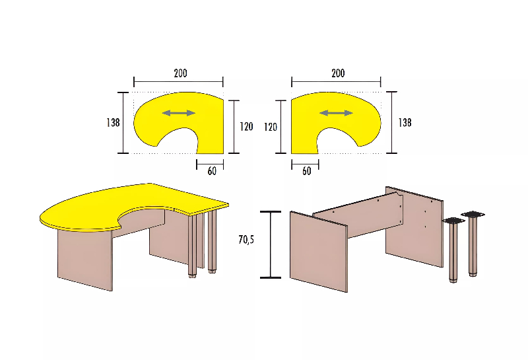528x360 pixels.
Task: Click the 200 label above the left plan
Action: (180, 73)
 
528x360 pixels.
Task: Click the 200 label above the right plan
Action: (338, 73)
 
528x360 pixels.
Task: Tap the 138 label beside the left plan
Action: (113, 122)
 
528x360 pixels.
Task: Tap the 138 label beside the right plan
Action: (405, 122)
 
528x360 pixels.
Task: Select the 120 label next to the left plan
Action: (246, 127)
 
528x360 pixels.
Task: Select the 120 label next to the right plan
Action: (271, 127)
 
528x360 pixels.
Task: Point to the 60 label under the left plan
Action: (212, 171)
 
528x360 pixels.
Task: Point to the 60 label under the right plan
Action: (306, 171)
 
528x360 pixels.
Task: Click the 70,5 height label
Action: (246, 240)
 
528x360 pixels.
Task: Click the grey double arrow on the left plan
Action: (179, 113)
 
